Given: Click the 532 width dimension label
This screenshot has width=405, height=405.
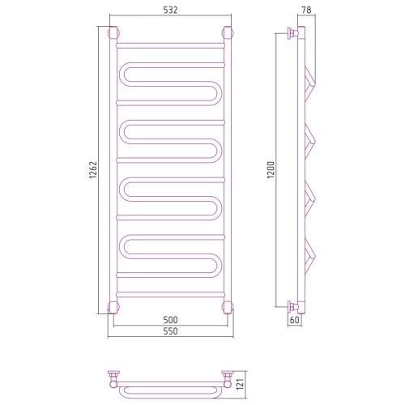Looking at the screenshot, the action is tap(170, 10).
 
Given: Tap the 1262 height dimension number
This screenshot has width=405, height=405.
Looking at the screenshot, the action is tap(93, 170).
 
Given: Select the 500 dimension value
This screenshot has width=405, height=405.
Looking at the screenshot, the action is tap(170, 320).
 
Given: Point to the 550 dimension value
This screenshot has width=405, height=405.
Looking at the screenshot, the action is tap(170, 331).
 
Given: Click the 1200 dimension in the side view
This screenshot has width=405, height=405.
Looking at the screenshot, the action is tap(271, 170).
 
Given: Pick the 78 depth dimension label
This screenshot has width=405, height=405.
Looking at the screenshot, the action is tap(306, 10).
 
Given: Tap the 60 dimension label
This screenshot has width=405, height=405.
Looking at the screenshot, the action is tap(295, 320).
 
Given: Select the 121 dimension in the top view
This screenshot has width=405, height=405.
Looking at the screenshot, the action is tap(240, 384).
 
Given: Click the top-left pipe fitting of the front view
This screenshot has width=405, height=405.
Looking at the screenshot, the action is tap(113, 33).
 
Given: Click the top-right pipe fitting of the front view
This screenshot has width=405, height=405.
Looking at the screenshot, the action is tap(228, 33).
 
